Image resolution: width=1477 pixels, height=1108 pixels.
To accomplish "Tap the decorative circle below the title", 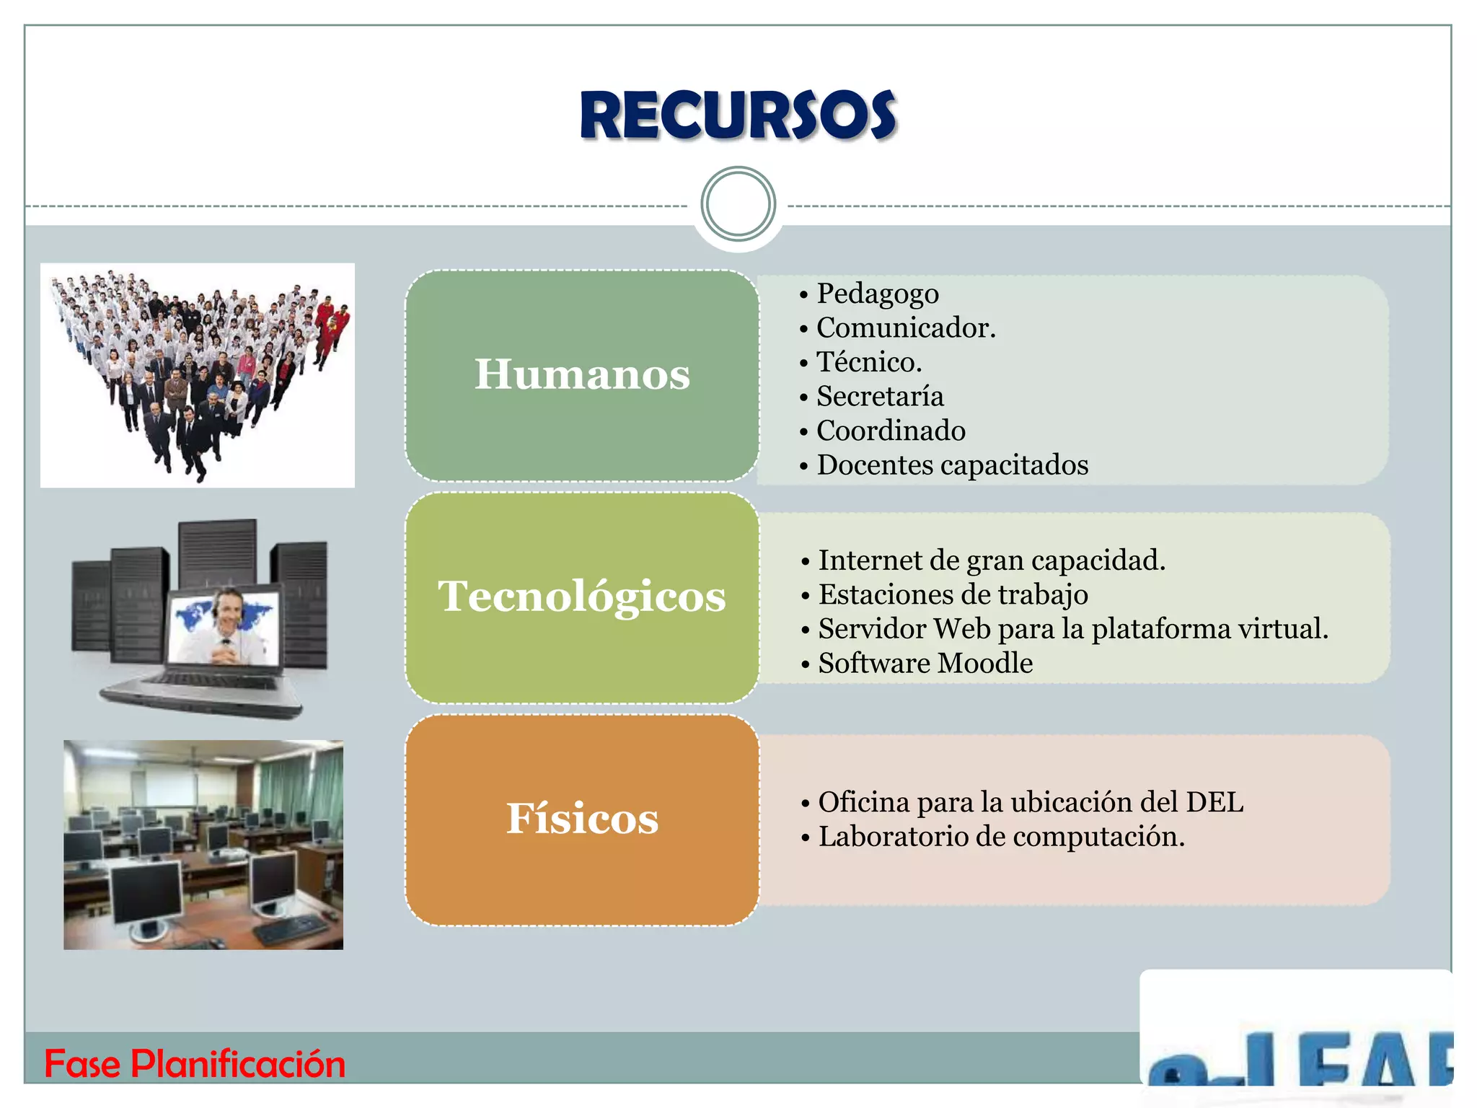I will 738,204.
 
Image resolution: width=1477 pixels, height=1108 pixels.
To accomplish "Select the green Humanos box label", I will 582,374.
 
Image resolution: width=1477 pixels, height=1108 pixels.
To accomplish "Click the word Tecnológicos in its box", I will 582,597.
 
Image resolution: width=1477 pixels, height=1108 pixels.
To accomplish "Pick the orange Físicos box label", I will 582,819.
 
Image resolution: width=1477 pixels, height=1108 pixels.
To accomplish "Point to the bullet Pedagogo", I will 877,294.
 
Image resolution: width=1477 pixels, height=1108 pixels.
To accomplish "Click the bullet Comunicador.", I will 905,328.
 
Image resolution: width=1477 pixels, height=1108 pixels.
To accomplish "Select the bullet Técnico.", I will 868,362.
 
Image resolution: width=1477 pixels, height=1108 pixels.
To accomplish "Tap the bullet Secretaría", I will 879,397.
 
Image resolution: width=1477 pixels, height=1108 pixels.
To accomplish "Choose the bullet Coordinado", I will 890,431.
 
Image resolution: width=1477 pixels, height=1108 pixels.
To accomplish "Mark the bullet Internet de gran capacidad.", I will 991,560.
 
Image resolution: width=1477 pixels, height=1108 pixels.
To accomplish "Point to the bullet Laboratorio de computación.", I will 1001,837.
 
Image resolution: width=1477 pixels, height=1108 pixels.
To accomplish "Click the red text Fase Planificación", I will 195,1064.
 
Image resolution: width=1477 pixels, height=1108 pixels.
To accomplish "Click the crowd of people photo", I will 197,375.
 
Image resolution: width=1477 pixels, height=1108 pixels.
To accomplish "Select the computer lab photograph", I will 203,845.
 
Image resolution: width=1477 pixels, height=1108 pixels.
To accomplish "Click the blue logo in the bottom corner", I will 1298,1057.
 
